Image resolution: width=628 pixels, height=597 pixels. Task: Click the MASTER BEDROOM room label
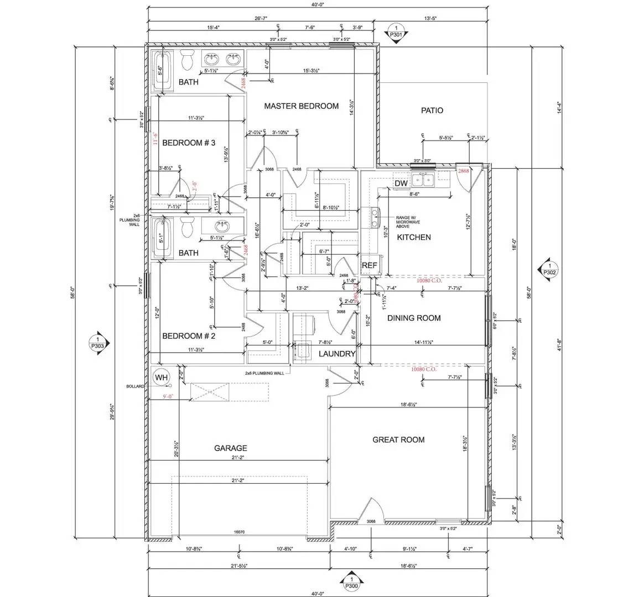tap(301, 106)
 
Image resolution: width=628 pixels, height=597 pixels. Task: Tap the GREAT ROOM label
tap(398, 440)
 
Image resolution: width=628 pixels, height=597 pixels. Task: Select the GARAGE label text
tap(230, 448)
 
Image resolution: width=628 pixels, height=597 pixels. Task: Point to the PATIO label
tap(432, 111)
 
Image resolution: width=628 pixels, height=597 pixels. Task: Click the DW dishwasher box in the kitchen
tap(401, 184)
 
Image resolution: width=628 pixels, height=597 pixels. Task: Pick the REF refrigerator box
tap(369, 266)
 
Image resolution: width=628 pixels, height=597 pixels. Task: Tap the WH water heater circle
tap(161, 378)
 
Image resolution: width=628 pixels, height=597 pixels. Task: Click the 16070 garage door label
tap(239, 532)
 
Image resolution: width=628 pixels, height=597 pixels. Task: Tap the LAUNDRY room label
tap(336, 354)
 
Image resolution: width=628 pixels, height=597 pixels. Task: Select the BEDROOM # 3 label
tap(188, 143)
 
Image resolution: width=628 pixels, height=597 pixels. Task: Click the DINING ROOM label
tap(414, 318)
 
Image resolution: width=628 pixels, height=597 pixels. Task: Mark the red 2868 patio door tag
tap(463, 171)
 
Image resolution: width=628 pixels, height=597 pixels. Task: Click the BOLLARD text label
tap(136, 386)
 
